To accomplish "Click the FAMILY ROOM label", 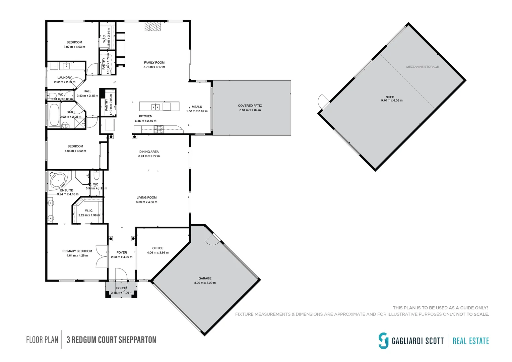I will (154, 63).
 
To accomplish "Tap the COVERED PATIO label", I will (250, 106).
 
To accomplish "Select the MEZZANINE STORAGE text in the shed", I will (422, 67).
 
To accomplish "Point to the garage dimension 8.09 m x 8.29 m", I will (205, 283).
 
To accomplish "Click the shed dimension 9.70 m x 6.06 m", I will (391, 101).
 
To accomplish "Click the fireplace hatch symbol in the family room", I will (152, 27).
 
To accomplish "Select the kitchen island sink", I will (155, 107).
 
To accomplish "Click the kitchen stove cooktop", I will (159, 129).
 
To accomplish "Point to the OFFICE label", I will (158, 248).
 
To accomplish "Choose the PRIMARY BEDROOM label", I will (77, 251).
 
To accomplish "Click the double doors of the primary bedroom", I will (101, 256).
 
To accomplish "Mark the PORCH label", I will (121, 288).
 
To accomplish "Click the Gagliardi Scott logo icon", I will (383, 341).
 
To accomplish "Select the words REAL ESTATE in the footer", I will (470, 341).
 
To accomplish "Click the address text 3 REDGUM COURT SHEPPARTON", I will (111, 340).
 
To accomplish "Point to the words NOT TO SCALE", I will (472, 314).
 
